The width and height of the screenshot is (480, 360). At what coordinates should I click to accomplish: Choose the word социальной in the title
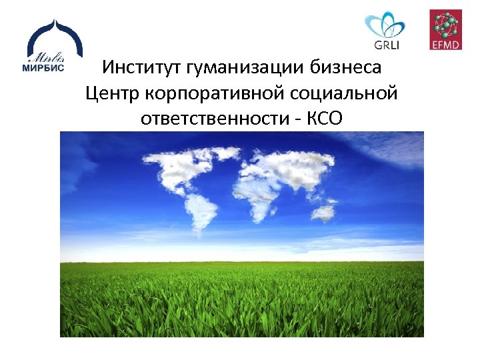349,93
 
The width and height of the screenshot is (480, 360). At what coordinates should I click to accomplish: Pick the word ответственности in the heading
215,118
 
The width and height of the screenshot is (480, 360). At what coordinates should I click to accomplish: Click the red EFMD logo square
445,30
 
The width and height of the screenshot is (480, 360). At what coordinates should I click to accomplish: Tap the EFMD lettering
445,45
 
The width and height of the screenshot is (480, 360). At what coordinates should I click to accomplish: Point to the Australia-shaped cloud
323,213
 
